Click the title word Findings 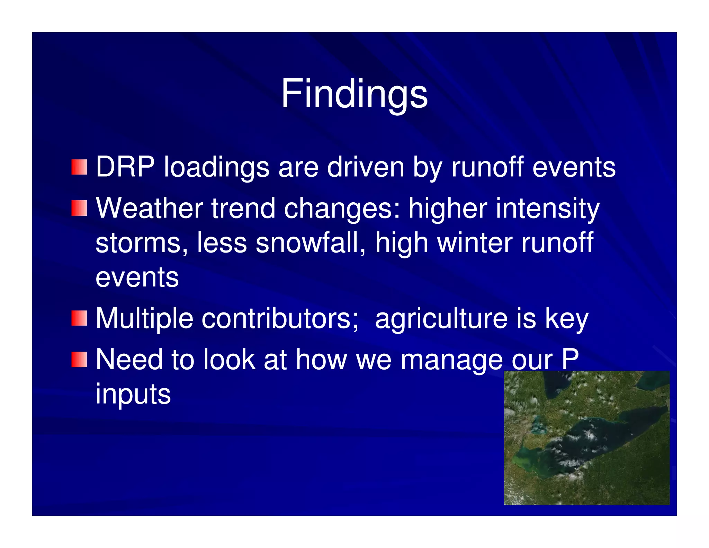(x=354, y=94)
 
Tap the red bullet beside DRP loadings (x=79, y=167)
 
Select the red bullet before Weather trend (x=79, y=208)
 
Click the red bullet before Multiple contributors (x=79, y=318)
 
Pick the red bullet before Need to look (x=79, y=359)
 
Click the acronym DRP (x=125, y=167)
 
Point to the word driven (x=365, y=167)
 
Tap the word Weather (x=149, y=208)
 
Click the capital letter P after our (x=570, y=359)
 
